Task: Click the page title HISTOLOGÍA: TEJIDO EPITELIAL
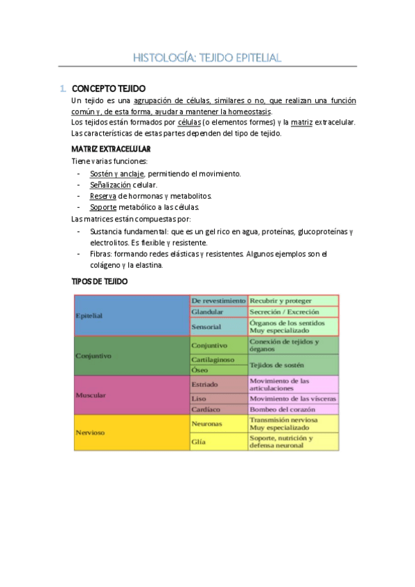[207, 57]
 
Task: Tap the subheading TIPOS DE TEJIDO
[100, 282]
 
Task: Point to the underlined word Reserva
[103, 196]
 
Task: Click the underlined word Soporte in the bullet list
[103, 207]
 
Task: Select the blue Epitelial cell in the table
[132, 316]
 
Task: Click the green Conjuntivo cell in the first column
[132, 356]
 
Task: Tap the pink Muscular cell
[132, 395]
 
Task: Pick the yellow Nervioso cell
[132, 433]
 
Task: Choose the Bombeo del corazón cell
[293, 409]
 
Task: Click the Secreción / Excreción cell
[293, 312]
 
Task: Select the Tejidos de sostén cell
[293, 365]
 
